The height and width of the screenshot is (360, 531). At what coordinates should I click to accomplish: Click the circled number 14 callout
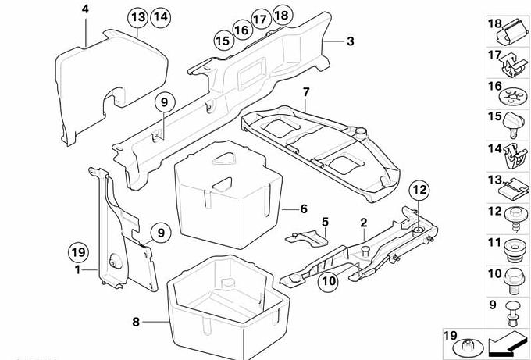[x=161, y=17]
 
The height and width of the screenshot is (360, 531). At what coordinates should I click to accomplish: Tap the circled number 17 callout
[x=261, y=20]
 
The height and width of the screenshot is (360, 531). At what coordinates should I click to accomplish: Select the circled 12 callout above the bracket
[x=419, y=190]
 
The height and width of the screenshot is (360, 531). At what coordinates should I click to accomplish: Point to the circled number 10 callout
[x=329, y=281]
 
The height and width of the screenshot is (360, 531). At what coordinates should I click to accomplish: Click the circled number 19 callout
[x=78, y=253]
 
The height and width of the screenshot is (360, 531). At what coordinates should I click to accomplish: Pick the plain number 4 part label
[x=85, y=9]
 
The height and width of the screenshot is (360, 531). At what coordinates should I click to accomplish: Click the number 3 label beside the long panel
[x=351, y=41]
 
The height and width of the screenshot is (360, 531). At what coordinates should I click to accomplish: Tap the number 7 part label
[x=306, y=92]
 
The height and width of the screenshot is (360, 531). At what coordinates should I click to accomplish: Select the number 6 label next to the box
[x=304, y=209]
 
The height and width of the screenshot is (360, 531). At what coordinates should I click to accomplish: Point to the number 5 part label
[x=325, y=222]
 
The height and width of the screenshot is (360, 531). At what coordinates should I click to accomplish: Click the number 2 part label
[x=364, y=223]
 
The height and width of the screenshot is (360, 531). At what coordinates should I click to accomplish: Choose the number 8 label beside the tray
[x=136, y=322]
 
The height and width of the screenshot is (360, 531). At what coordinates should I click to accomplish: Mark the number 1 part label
[x=78, y=270]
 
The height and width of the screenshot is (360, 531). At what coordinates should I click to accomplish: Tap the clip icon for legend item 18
[x=512, y=33]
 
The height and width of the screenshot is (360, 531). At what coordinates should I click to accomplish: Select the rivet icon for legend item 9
[x=513, y=315]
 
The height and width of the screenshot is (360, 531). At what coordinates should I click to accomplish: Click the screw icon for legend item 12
[x=515, y=219]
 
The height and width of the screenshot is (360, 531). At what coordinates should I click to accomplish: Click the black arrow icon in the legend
[x=508, y=342]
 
